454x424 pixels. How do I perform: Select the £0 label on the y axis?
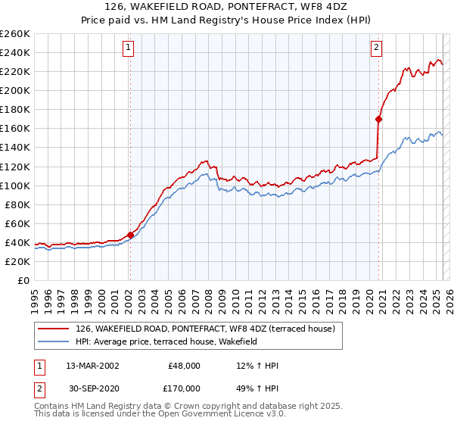(23, 281)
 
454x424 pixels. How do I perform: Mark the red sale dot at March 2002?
(130, 235)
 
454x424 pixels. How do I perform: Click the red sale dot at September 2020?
(378, 119)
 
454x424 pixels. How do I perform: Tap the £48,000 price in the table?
(184, 365)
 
